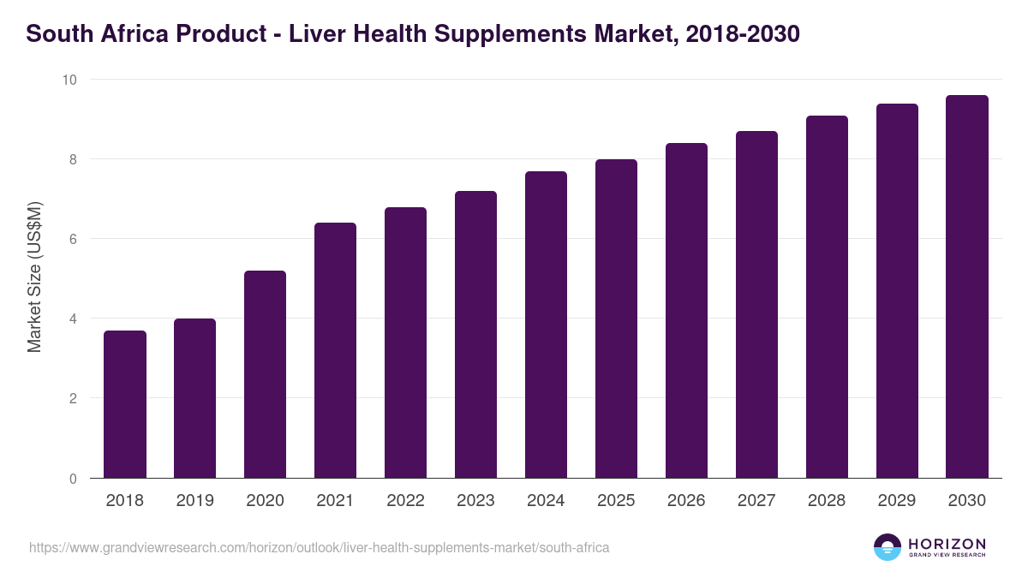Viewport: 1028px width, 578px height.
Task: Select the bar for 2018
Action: (x=125, y=404)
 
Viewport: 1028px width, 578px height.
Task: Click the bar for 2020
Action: (x=266, y=374)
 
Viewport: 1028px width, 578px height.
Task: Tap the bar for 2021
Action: (x=336, y=350)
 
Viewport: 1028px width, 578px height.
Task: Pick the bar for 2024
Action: (x=547, y=325)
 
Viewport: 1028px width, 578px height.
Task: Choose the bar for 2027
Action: (x=757, y=304)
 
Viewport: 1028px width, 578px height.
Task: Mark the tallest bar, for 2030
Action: (x=967, y=286)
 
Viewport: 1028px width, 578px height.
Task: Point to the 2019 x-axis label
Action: (x=195, y=501)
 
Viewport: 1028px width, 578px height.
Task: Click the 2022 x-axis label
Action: (x=406, y=501)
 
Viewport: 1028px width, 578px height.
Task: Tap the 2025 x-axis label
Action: (x=617, y=501)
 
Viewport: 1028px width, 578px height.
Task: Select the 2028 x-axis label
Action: (x=828, y=501)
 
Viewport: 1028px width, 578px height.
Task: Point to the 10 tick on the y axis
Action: (x=69, y=80)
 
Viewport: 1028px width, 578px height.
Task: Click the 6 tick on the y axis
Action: (x=73, y=239)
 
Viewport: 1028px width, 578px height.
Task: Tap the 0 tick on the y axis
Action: (x=73, y=479)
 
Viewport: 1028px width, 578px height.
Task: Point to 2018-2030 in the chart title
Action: (x=743, y=34)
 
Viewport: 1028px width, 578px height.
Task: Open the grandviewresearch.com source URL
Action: (x=320, y=547)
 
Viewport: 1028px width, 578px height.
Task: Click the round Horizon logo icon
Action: (x=888, y=547)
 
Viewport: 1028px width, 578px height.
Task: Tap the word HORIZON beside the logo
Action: (x=947, y=544)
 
